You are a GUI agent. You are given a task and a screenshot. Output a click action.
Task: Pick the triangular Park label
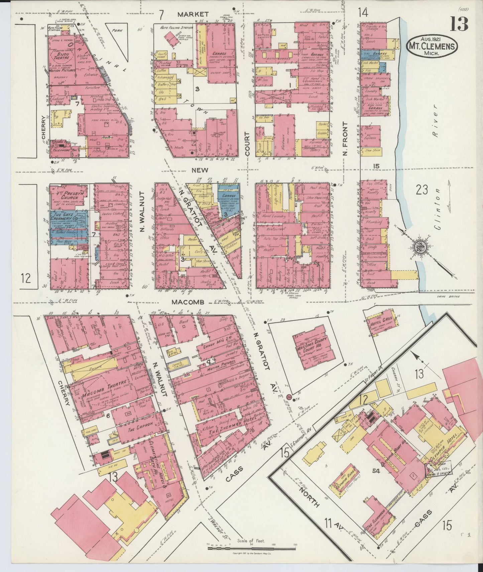click(x=117, y=30)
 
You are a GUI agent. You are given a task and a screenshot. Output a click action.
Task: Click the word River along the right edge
click(x=435, y=124)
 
